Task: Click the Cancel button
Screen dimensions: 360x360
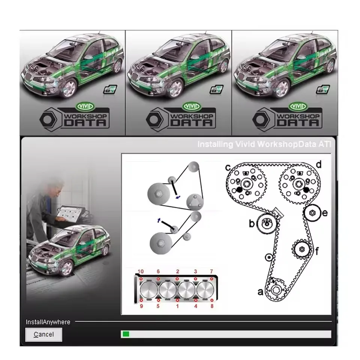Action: [x=43, y=334]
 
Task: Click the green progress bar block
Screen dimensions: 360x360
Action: [x=126, y=334]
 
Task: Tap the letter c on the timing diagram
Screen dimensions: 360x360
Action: [x=228, y=167]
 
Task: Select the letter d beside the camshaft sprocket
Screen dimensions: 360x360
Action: [x=318, y=164]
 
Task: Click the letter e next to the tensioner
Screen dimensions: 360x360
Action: [x=325, y=213]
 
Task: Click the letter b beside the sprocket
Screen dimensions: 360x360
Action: [x=252, y=224]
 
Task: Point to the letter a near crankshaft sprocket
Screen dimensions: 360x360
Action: [x=260, y=291]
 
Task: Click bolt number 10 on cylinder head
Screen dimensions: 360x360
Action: [x=140, y=271]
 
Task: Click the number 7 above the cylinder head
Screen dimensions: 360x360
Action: [x=211, y=271]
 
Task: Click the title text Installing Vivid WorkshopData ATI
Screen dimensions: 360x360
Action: [x=264, y=144]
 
